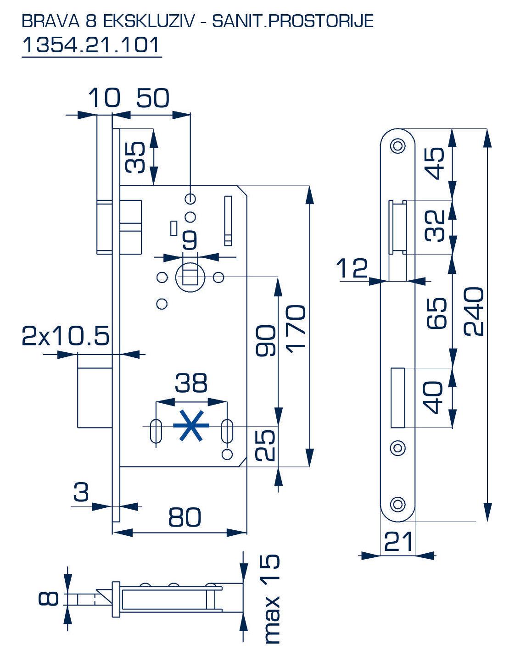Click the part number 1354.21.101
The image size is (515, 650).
tap(91, 45)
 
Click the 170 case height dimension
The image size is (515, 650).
tap(296, 328)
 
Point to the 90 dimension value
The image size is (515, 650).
tap(266, 340)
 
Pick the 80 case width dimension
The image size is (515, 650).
tap(185, 517)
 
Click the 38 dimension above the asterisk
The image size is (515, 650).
tap(191, 383)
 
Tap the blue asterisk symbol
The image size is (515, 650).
tap(190, 426)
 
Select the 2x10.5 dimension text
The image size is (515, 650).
tap(66, 336)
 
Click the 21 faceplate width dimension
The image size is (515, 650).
tap(398, 542)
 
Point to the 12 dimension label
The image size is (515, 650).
tap(352, 268)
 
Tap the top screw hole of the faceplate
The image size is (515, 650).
tap(397, 146)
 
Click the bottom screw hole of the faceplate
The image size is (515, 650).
tap(397, 504)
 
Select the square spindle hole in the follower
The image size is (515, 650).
tap(190, 277)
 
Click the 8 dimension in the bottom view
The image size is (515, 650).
tap(49, 599)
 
